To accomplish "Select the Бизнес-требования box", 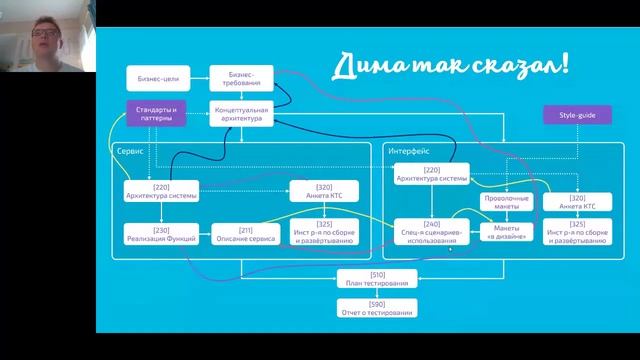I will click(241, 77).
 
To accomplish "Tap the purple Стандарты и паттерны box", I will click(155, 113).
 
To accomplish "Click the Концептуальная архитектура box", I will click(241, 113).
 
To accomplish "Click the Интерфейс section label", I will click(405, 149).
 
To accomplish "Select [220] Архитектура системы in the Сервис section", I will click(160, 190).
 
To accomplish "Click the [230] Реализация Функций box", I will click(160, 234).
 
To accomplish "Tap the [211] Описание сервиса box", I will click(244, 234).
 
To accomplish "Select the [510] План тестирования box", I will click(376, 279).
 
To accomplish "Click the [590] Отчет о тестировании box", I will click(376, 308).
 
